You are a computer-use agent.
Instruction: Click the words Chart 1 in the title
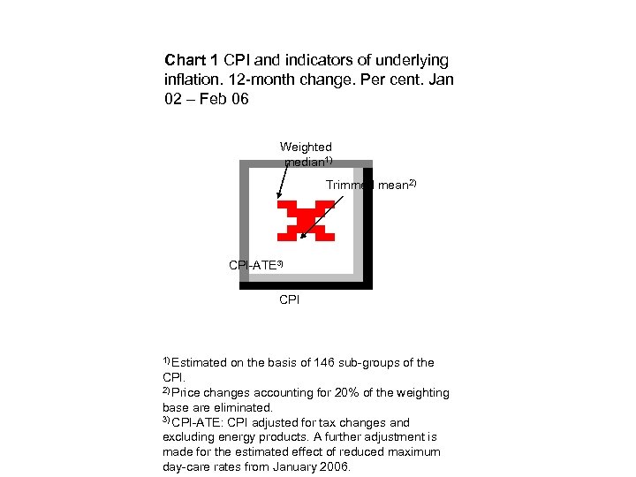tap(192, 61)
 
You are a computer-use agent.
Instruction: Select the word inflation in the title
tap(190, 80)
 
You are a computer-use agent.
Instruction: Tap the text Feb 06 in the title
tap(223, 100)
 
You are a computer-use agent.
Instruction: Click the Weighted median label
tap(306, 154)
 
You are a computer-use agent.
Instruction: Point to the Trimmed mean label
tap(370, 185)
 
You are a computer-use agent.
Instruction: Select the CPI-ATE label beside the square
tap(255, 265)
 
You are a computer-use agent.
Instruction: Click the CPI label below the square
tap(289, 300)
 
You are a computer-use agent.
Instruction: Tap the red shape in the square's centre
tap(306, 220)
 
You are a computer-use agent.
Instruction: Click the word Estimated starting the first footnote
tap(199, 363)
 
